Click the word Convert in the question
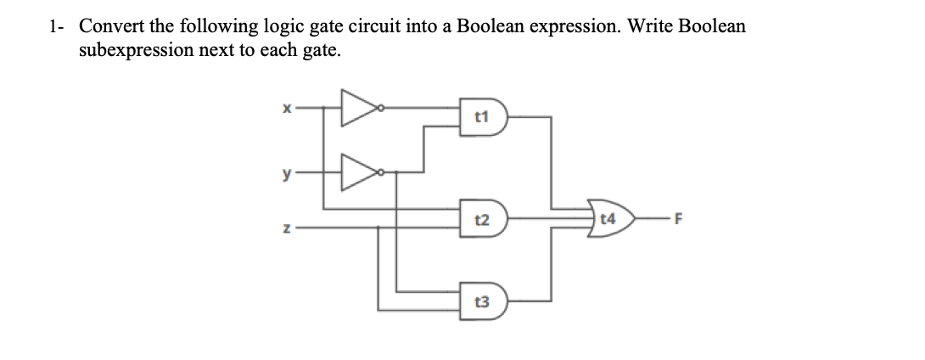click(109, 26)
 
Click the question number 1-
click(57, 26)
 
